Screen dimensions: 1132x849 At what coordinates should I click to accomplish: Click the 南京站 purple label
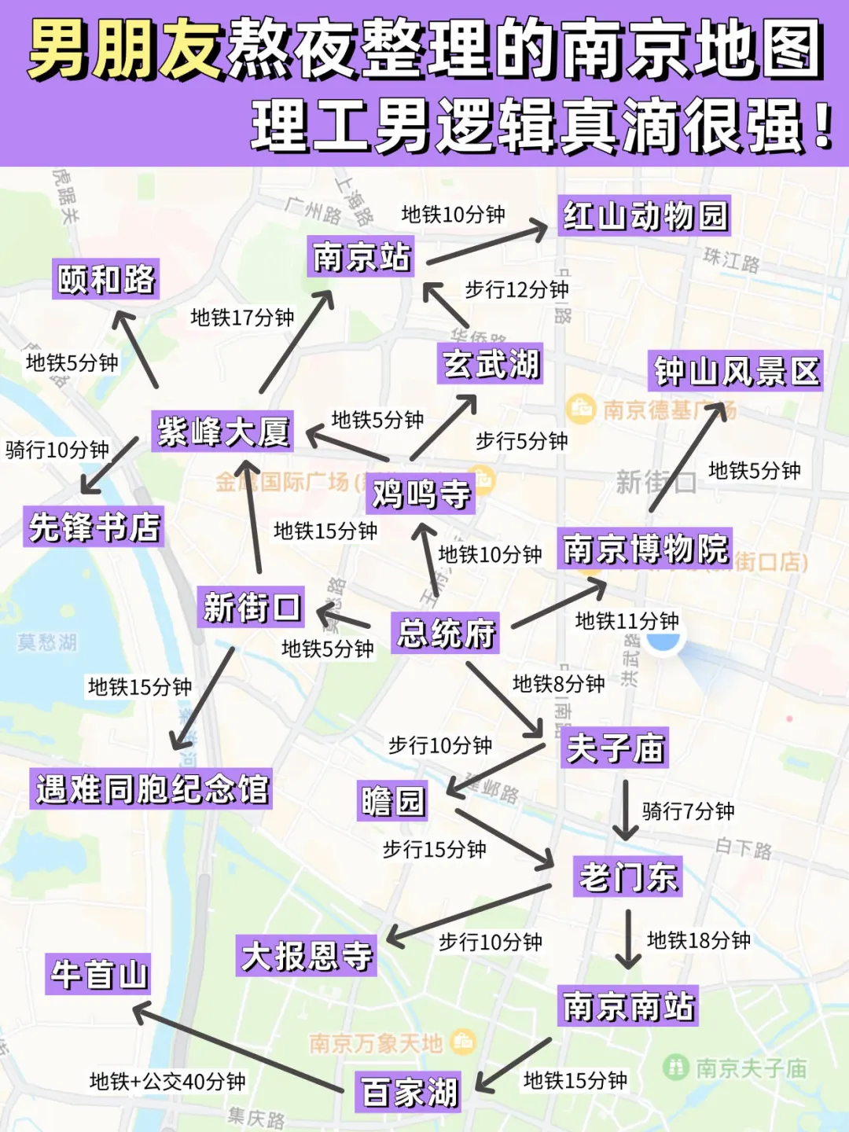[x=361, y=257]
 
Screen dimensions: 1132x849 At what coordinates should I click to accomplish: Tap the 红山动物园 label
[x=645, y=215]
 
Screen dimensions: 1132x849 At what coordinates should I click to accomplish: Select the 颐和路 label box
[x=106, y=279]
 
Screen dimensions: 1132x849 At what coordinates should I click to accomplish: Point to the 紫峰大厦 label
[x=223, y=432]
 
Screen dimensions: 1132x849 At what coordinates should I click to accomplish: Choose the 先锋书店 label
[x=94, y=527]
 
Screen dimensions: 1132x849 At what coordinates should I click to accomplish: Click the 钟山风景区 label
[x=736, y=371]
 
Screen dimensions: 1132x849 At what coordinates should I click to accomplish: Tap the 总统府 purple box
[x=446, y=633]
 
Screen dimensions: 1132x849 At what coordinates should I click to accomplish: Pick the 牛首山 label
[x=98, y=975]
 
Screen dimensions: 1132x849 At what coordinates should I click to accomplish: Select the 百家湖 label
[x=408, y=1092]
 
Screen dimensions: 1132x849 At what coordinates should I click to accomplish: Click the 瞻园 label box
[x=392, y=801]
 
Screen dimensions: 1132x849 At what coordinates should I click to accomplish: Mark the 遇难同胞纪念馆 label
[x=152, y=788]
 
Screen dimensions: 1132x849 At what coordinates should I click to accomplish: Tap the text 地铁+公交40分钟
[x=167, y=1082]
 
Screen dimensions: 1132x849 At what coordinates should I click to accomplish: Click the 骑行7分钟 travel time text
[x=688, y=810]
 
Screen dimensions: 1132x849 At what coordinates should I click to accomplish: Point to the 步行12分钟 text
[x=516, y=289]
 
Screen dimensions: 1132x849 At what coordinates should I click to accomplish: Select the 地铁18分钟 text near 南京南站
[x=698, y=940]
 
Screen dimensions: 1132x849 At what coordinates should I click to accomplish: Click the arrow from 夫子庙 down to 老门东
[x=626, y=810]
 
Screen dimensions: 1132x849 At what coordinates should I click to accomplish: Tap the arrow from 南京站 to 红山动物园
[x=487, y=243]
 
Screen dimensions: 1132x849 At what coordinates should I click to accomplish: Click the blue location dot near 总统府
[x=665, y=640]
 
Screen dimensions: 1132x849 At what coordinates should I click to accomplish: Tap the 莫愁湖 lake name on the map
[x=47, y=643]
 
